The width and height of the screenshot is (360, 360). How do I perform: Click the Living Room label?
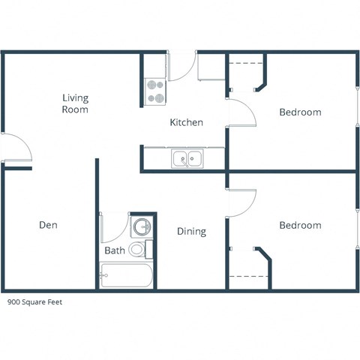[75, 103]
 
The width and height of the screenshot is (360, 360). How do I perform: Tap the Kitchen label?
[186, 122]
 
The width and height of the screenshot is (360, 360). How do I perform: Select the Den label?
[48, 224]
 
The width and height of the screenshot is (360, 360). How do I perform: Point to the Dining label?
[191, 232]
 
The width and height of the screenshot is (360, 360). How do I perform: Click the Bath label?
[114, 250]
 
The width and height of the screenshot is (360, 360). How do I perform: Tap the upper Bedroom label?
[300, 112]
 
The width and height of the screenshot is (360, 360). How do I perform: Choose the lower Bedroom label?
[300, 225]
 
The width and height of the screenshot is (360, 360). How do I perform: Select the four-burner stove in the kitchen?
[155, 91]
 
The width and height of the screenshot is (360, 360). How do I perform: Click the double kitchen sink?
[187, 158]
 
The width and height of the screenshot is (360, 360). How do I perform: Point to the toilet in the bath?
[138, 248]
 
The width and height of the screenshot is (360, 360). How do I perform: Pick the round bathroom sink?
[140, 226]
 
